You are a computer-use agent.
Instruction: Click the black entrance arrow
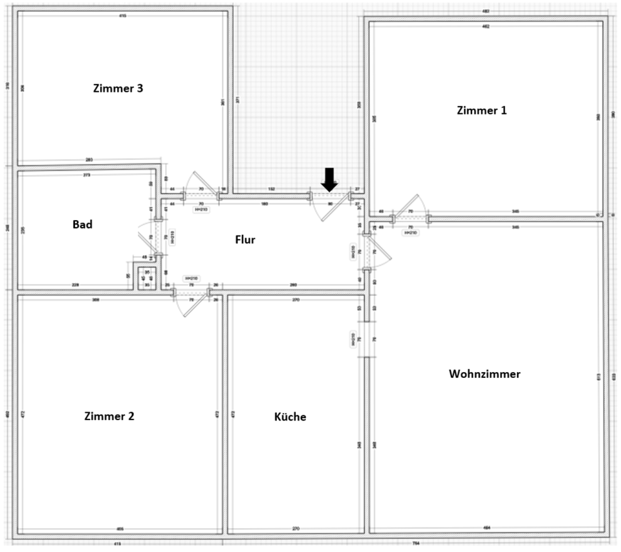tap(329, 179)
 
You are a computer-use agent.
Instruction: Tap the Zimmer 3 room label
tap(118, 89)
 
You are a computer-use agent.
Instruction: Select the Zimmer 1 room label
tap(481, 110)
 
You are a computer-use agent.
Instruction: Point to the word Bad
tap(82, 225)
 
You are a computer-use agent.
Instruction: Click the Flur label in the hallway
tap(245, 239)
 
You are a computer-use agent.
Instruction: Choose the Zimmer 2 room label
tap(109, 416)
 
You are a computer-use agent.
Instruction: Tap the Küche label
tap(290, 417)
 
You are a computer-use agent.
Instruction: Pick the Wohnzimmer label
tap(485, 374)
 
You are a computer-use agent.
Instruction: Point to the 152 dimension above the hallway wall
tap(272, 189)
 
